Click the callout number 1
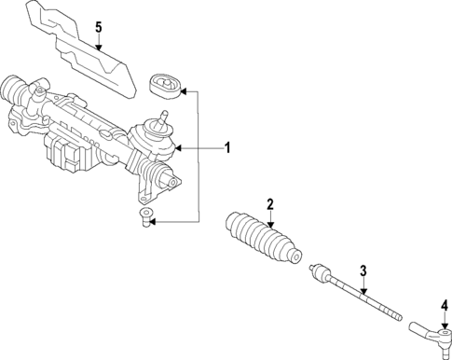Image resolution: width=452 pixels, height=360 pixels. pos(226,147)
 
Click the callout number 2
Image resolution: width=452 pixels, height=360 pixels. pos(270,204)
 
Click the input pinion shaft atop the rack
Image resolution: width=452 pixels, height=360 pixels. pos(165,118)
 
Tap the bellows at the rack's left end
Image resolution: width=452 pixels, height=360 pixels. pos(16,90)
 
